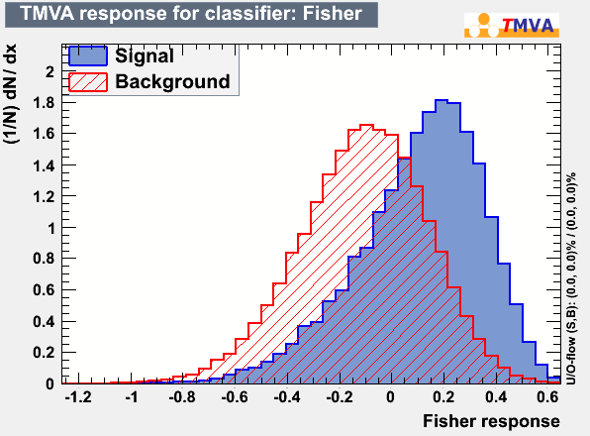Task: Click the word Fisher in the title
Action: [332, 13]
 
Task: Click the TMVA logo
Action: [512, 25]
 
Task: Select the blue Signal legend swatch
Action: [88, 56]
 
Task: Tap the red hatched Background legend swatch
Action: [88, 82]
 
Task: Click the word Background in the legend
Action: [172, 81]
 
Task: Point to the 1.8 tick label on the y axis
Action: [44, 103]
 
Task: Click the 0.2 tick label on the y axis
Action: [44, 353]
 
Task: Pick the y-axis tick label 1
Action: [50, 228]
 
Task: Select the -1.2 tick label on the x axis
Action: [78, 396]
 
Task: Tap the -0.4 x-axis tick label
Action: [287, 396]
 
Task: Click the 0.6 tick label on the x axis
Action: [547, 396]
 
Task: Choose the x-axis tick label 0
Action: [391, 396]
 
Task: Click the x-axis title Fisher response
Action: [491, 421]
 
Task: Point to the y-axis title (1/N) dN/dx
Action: [10, 94]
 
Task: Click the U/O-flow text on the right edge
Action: [571, 279]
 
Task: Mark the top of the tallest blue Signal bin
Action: [442, 100]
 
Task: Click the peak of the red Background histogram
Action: [367, 125]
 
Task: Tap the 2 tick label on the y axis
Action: [50, 71]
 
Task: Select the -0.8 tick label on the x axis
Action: [182, 396]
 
